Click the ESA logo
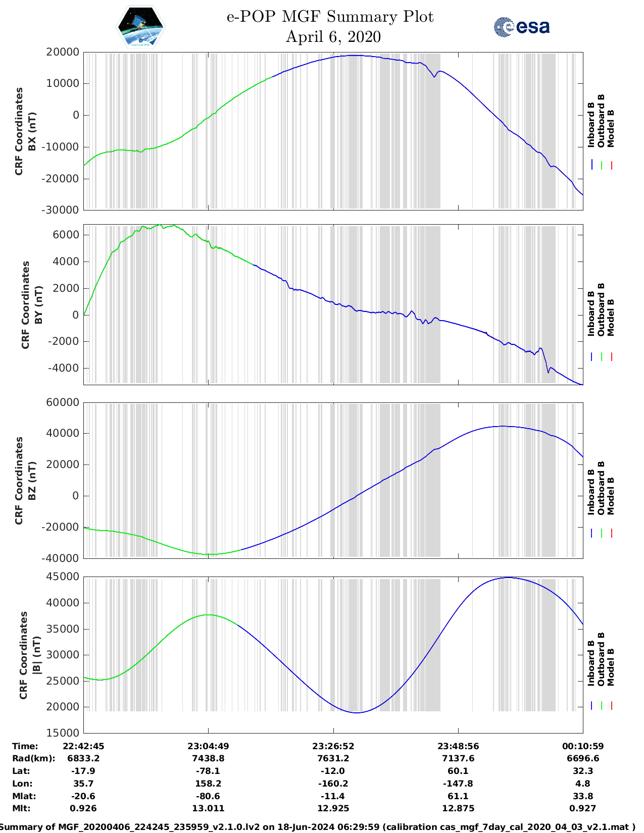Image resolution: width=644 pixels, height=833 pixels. click(x=521, y=27)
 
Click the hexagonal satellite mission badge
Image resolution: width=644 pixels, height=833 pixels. click(x=140, y=27)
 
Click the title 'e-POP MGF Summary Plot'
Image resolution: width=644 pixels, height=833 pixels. click(x=330, y=17)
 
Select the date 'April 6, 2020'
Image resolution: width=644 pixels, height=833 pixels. click(x=333, y=37)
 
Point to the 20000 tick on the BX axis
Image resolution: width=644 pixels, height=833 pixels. click(x=62, y=52)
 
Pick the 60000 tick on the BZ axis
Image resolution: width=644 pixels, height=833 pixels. click(x=62, y=402)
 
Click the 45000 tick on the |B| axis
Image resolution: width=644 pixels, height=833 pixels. click(x=62, y=577)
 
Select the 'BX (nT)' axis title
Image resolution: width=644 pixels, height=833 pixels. click(x=32, y=131)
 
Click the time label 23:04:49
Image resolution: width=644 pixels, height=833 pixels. click(x=208, y=746)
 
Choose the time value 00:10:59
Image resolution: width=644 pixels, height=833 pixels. click(x=583, y=746)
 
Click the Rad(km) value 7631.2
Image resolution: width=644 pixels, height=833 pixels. click(x=333, y=758)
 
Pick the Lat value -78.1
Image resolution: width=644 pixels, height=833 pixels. click(x=208, y=771)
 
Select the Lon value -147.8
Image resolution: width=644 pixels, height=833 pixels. click(x=458, y=784)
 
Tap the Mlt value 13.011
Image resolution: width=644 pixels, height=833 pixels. click(x=208, y=808)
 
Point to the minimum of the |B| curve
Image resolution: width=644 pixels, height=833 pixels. click(x=357, y=713)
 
